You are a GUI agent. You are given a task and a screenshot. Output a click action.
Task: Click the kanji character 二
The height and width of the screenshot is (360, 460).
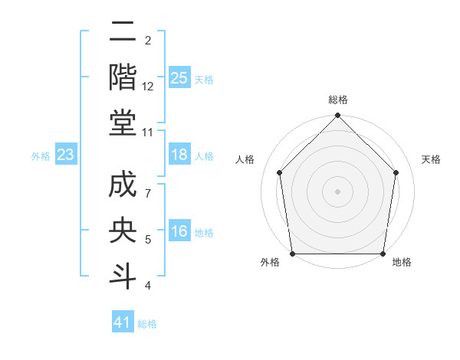123,32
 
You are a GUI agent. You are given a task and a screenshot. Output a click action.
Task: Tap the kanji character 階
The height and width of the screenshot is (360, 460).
123,77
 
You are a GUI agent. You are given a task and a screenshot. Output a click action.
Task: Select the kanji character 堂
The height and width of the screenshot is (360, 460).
123,123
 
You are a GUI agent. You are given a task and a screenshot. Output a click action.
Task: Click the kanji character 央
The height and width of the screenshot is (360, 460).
123,233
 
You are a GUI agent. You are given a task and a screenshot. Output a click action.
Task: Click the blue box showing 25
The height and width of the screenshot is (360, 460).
179,77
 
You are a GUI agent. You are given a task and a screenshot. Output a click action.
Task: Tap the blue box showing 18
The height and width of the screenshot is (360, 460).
179,155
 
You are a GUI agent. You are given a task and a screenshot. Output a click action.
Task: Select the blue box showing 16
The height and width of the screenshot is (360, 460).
179,232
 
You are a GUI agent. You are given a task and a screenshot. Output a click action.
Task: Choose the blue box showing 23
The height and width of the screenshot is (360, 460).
66,155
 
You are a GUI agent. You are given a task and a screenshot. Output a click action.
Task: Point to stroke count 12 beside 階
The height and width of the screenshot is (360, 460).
148,87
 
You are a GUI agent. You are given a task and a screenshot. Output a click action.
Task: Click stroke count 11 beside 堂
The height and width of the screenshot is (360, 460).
148,132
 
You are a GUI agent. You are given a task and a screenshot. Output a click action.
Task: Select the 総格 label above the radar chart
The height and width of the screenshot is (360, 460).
337,100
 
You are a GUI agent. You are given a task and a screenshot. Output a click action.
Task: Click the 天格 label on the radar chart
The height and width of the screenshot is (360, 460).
431,159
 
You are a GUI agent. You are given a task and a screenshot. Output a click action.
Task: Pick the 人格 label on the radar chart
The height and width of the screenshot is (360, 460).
245,159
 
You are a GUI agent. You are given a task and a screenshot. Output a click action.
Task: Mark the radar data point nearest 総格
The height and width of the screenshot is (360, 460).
337,116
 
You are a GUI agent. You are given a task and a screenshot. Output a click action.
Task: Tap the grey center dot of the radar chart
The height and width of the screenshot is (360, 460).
337,191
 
